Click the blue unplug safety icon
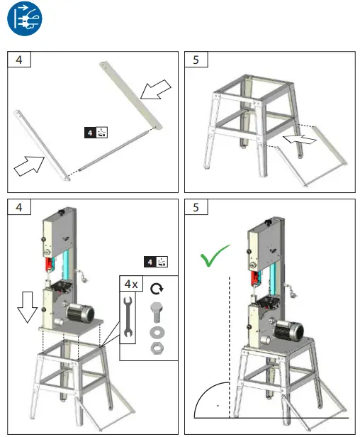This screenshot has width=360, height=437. [x=25, y=18]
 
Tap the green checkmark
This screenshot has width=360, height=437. [x=214, y=256]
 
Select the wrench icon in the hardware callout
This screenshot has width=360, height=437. [x=128, y=316]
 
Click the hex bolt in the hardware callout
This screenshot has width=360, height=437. [x=157, y=311]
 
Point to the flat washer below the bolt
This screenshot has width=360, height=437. [x=157, y=332]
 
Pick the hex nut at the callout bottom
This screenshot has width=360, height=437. [x=157, y=348]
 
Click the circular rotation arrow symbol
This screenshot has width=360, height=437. [x=157, y=289]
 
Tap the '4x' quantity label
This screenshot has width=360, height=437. [x=131, y=284]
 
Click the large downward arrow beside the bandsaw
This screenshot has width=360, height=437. [x=28, y=307]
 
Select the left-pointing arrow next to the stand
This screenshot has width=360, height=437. [x=300, y=139]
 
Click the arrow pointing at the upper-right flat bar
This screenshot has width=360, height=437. [x=156, y=89]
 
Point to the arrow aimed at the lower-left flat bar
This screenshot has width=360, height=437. [x=29, y=166]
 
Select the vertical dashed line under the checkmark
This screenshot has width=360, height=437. [x=230, y=347]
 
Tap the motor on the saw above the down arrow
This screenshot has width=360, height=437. [x=80, y=313]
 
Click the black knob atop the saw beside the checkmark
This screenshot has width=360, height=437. [x=268, y=223]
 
